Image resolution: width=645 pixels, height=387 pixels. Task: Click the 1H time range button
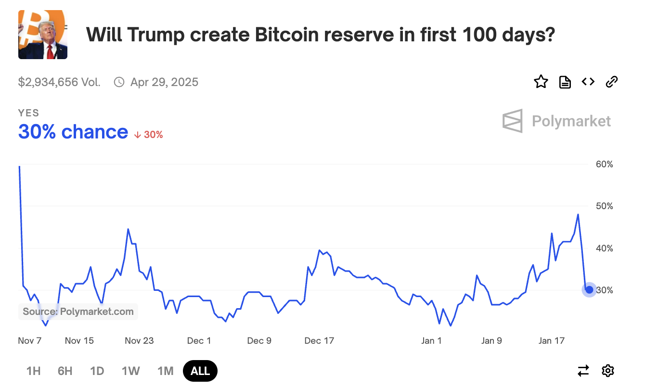coord(33,371)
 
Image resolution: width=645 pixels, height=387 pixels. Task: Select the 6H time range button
coord(65,371)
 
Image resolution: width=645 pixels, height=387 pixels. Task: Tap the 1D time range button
coord(97,371)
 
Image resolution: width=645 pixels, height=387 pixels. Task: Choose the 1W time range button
coord(130,371)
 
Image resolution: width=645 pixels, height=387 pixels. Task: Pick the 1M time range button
coord(165,371)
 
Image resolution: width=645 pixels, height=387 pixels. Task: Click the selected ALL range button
coord(200,371)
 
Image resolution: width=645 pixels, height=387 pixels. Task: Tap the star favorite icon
coord(541,82)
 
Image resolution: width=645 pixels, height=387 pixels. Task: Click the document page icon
coord(565,82)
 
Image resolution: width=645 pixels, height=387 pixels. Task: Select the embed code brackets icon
coord(588,82)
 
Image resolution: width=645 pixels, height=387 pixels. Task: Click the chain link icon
coord(611,82)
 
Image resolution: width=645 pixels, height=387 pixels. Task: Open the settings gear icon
coord(608,371)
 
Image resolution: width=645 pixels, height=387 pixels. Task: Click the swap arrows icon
coord(583,371)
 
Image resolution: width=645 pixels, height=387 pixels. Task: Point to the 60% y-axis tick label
coord(604,164)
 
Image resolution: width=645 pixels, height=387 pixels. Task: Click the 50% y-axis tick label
coord(604,206)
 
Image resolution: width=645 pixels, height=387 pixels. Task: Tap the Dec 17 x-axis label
coord(319,341)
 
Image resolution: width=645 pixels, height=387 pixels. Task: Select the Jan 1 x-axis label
coord(431,341)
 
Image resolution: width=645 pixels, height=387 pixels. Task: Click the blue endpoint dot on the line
coord(589,289)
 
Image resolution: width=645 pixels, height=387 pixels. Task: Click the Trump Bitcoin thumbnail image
coord(43,35)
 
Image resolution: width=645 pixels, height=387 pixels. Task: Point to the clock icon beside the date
coord(119,82)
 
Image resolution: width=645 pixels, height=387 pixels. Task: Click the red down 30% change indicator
coord(148,135)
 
